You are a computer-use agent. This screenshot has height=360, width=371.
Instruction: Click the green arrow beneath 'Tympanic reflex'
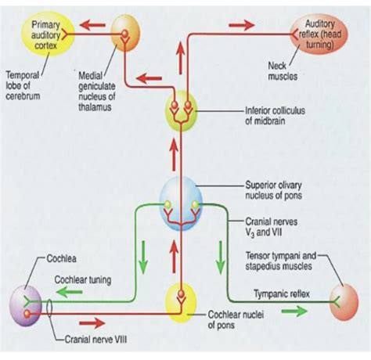coord(295,310)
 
